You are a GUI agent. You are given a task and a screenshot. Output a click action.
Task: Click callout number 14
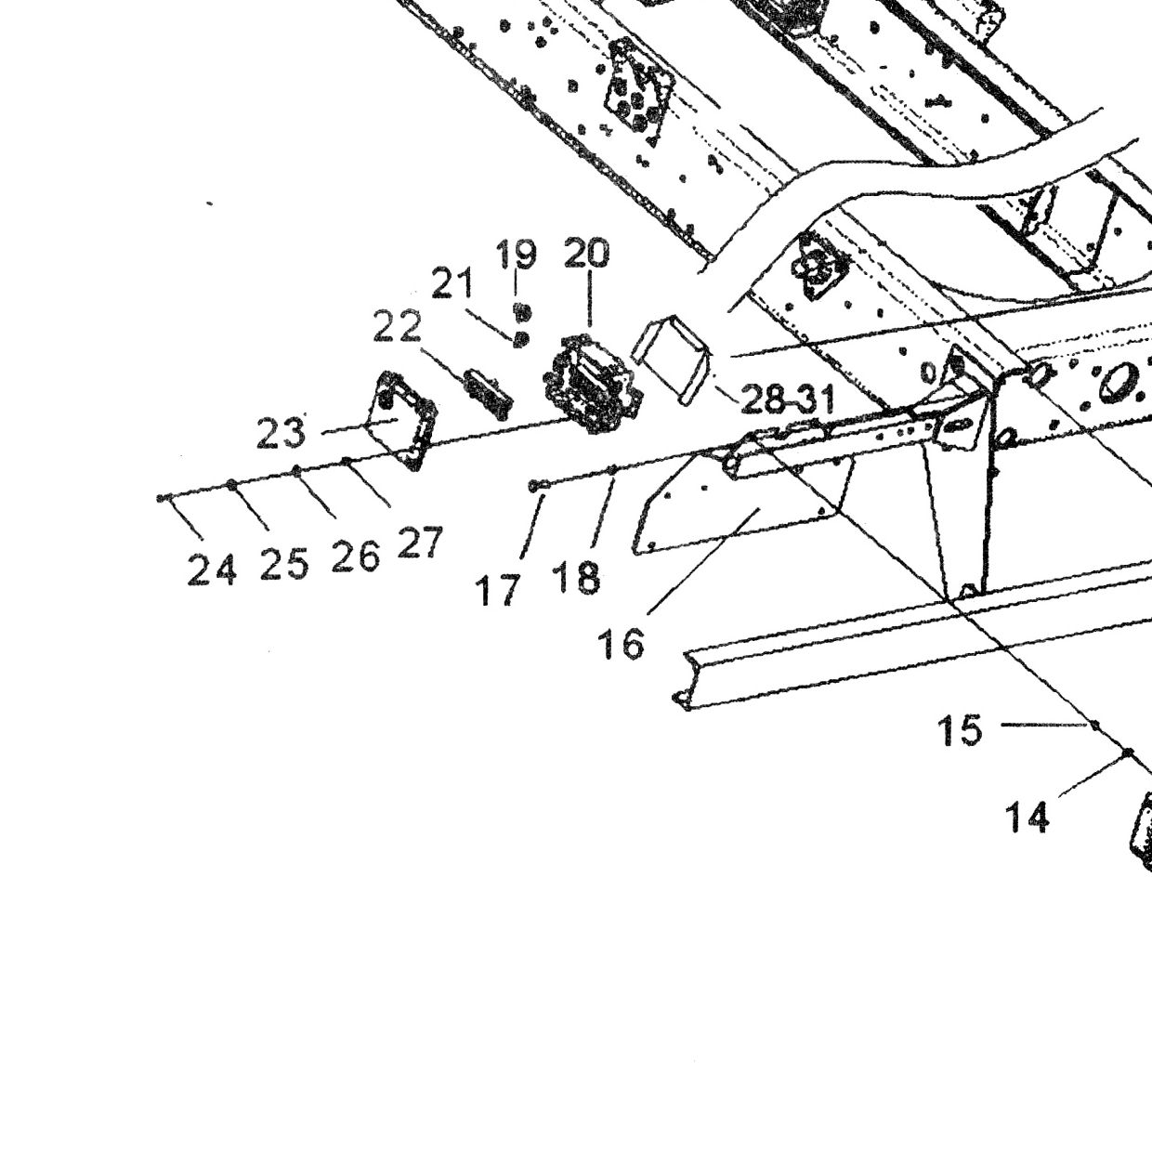1027,818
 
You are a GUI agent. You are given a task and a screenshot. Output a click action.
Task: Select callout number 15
960,730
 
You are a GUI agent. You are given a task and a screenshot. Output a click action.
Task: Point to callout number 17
497,590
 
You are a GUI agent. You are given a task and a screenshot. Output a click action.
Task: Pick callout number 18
577,578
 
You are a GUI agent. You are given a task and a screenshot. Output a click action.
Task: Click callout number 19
516,255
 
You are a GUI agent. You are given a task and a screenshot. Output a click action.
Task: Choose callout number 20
586,253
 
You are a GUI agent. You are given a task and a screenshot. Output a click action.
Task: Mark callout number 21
452,282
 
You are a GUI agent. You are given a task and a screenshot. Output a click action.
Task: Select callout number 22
397,328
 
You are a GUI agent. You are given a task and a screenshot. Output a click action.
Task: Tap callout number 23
281,433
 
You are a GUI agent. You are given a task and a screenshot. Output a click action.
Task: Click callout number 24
212,569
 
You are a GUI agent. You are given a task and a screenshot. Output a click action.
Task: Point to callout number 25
284,563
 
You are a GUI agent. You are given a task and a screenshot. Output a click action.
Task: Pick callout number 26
356,556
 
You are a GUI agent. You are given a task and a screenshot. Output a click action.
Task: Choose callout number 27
420,542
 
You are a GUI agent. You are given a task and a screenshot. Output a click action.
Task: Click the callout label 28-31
787,399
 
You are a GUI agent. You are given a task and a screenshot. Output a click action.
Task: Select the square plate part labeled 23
400,420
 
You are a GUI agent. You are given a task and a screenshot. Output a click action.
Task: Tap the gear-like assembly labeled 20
593,384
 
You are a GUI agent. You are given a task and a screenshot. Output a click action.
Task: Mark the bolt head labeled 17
535,486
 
